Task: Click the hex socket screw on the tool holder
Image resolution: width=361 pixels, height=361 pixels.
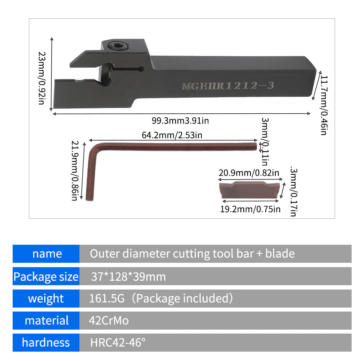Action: [119, 46]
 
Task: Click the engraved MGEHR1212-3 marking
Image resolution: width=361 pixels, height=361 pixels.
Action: [228, 86]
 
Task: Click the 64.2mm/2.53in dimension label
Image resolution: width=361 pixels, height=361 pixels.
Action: [172, 135]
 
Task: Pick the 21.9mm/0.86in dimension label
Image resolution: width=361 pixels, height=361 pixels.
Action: [74, 171]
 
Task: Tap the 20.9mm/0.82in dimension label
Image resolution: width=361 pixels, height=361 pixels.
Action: [249, 173]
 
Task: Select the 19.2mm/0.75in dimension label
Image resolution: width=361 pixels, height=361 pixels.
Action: [250, 209]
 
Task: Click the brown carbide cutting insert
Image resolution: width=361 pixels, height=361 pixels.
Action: [249, 191]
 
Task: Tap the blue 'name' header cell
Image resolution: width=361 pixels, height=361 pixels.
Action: [46, 254]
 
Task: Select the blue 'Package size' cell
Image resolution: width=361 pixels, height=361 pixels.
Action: [46, 277]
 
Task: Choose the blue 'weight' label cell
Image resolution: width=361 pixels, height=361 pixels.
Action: [46, 299]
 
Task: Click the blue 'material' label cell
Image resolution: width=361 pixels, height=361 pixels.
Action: [46, 320]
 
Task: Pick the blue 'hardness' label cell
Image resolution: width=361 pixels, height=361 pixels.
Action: [46, 342]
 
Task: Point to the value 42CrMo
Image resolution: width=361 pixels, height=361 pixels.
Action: [109, 321]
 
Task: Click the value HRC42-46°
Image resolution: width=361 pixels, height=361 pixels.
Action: [118, 343]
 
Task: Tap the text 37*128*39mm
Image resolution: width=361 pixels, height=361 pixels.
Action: [128, 277]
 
